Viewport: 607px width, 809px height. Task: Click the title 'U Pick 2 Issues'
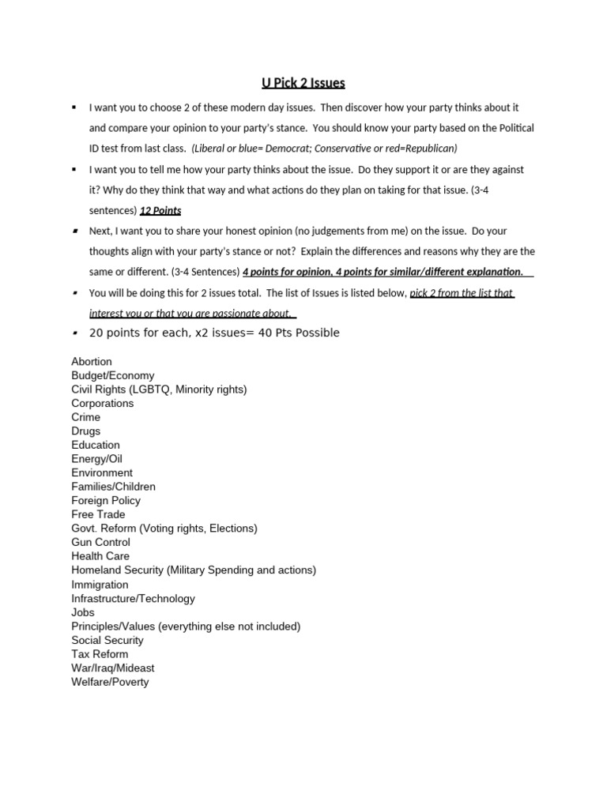coord(303,83)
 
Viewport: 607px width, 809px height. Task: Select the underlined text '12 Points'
coord(160,211)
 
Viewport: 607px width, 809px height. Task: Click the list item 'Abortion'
coord(92,362)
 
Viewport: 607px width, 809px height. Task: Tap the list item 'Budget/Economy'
coord(113,375)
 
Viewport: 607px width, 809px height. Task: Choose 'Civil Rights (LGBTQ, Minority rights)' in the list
coord(159,389)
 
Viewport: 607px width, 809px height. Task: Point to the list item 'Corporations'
coord(103,403)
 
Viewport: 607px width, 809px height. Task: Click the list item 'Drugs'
coord(86,431)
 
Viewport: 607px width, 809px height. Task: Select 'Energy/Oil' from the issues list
coord(97,459)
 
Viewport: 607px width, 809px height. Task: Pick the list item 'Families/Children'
coord(114,487)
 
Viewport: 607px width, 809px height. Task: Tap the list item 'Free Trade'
coord(99,514)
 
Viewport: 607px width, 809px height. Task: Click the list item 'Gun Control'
coord(101,542)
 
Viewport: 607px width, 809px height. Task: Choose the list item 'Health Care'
coord(100,556)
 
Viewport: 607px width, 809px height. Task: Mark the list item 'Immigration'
coord(100,585)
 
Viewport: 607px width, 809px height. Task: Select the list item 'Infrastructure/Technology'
coord(133,599)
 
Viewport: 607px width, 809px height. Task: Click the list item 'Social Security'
coord(107,640)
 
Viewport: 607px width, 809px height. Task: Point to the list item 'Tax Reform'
coord(100,654)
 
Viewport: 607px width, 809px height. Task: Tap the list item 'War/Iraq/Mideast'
coord(113,668)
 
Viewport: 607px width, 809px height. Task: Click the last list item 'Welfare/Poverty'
coord(110,682)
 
